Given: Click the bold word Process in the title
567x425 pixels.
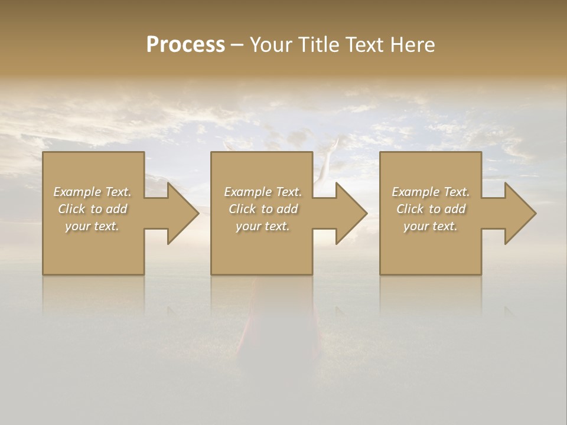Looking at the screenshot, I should (185, 45).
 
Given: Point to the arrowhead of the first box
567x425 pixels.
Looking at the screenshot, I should (181, 213).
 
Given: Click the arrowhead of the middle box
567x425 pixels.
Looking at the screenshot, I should (349, 213).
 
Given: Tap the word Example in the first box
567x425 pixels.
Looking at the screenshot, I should (77, 192).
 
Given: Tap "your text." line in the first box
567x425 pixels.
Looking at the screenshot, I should (92, 226).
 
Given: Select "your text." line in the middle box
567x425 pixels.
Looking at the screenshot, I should (263, 226).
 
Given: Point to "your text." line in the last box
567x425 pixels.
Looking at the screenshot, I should (431, 226).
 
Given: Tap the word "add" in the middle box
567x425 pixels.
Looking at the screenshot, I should (288, 209).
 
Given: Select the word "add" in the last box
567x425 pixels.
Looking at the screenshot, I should (455, 209).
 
